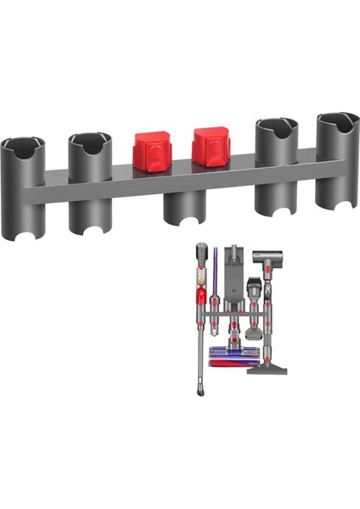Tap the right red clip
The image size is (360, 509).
pyautogui.click(x=210, y=148)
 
